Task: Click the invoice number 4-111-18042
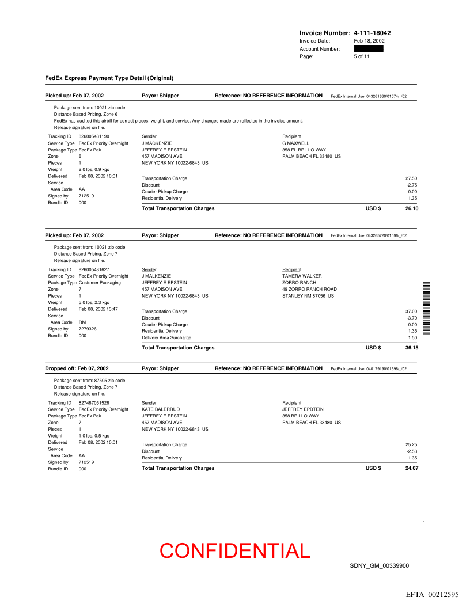pyautogui.click(x=372, y=33)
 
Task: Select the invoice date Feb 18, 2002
pyautogui.click(x=369, y=41)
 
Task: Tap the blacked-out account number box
pyautogui.click(x=369, y=49)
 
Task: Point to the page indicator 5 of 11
pyautogui.click(x=362, y=56)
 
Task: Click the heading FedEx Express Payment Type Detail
pyautogui.click(x=109, y=78)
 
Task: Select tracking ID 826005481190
pyautogui.click(x=94, y=136)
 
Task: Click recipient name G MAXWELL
pyautogui.click(x=295, y=143)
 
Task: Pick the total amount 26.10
pyautogui.click(x=411, y=208)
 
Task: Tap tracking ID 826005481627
pyautogui.click(x=94, y=269)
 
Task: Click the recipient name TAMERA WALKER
pyautogui.click(x=302, y=276)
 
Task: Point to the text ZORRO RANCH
pyautogui.click(x=299, y=283)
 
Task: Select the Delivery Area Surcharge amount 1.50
pyautogui.click(x=412, y=338)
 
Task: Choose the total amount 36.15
pyautogui.click(x=411, y=348)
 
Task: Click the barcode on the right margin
pyautogui.click(x=427, y=307)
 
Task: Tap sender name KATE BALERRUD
pyautogui.click(x=161, y=409)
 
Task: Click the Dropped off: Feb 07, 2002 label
pyautogui.click(x=77, y=368)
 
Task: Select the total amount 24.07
pyautogui.click(x=411, y=468)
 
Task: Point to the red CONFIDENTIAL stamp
pyautogui.click(x=235, y=551)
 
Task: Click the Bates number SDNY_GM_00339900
pyautogui.click(x=379, y=566)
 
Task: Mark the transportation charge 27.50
pyautogui.click(x=411, y=178)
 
